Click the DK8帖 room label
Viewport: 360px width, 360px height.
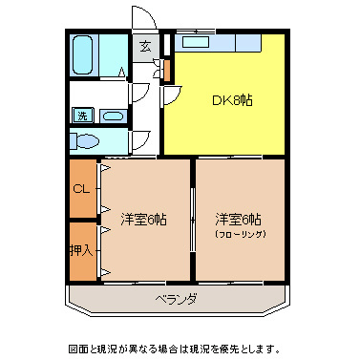coord(231,99)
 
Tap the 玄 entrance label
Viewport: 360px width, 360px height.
coord(145,46)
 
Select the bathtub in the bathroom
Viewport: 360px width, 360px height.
coord(83,55)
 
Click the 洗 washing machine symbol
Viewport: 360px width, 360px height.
coord(82,116)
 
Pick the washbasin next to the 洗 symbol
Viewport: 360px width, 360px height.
coord(113,116)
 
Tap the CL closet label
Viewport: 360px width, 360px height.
coord(81,188)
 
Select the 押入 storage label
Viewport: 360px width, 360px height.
coord(81,250)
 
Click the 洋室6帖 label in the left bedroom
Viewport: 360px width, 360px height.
coord(144,219)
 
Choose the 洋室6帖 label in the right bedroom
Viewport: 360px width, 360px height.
coord(239,219)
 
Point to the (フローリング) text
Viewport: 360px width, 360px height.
coord(239,234)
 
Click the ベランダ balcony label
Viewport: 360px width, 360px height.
coord(177,299)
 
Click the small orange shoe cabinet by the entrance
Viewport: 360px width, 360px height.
coord(166,70)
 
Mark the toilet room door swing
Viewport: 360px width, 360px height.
coord(139,140)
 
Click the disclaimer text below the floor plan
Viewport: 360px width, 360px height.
coord(180,347)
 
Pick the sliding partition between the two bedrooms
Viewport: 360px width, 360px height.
coord(193,220)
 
